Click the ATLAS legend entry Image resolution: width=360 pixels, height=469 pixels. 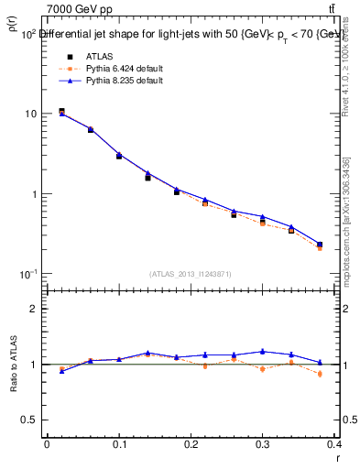[x=99, y=56]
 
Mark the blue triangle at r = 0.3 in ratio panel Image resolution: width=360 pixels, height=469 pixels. [x=263, y=351]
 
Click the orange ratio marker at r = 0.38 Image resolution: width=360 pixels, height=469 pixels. [x=320, y=374]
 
